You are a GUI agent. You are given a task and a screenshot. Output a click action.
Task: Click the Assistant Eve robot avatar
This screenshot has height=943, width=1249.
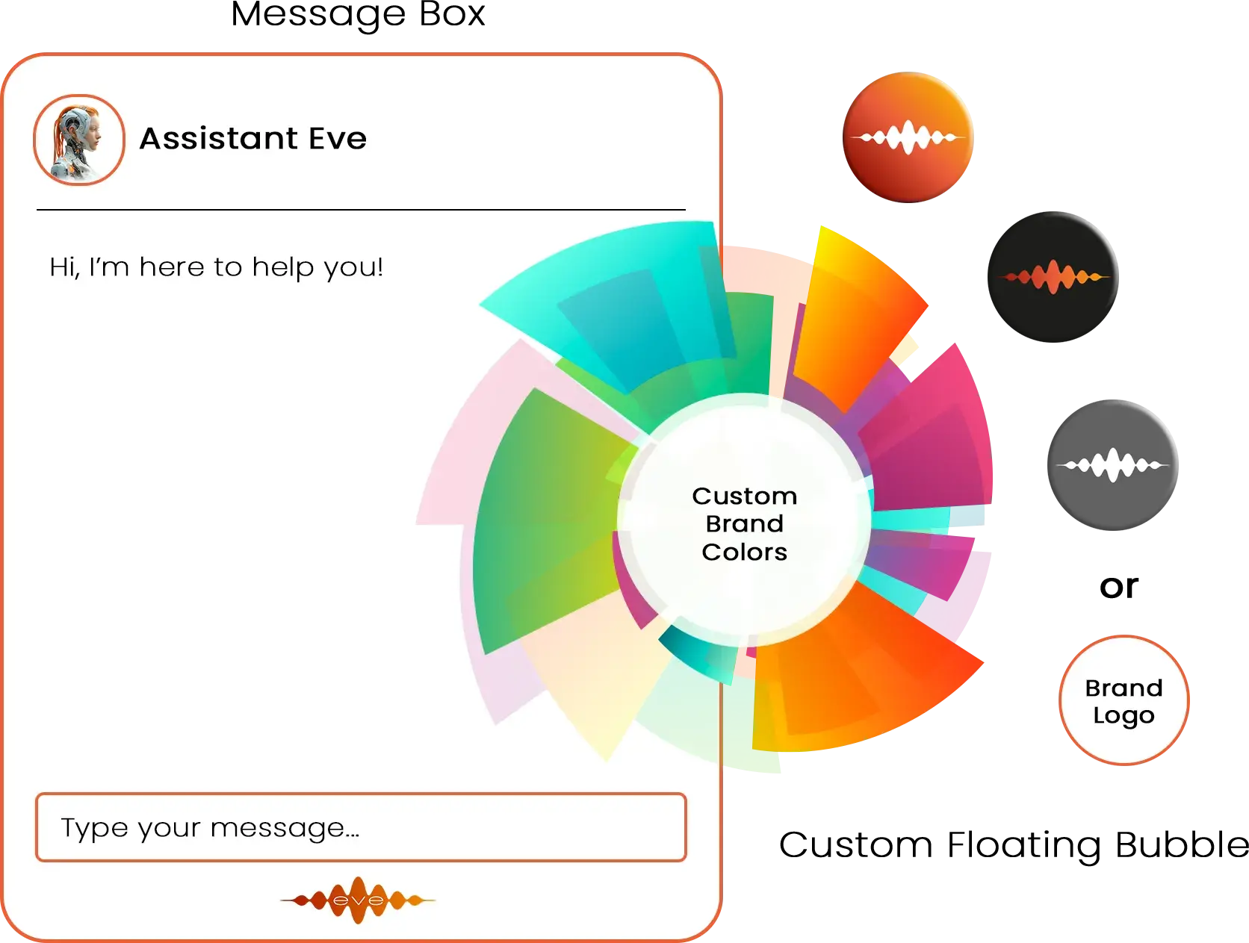(78, 140)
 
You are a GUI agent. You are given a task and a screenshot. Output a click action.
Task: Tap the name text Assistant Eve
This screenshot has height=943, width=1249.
(253, 138)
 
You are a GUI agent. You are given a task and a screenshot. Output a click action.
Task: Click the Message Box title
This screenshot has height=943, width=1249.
(358, 14)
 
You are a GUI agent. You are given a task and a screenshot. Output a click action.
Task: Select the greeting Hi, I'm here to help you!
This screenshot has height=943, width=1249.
(216, 267)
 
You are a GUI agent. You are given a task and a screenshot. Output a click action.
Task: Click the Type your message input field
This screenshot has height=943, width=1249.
(362, 827)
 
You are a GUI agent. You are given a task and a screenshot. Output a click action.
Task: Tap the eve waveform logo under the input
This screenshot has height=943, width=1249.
(358, 900)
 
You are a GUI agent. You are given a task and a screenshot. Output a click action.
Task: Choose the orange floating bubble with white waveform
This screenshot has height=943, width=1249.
(908, 137)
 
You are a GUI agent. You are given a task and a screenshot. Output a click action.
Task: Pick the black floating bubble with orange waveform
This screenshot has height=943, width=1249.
(1053, 277)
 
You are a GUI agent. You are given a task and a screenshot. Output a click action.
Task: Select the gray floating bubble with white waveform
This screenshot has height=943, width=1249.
(1112, 465)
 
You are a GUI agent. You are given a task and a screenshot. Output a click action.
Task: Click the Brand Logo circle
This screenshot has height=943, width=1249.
(1124, 700)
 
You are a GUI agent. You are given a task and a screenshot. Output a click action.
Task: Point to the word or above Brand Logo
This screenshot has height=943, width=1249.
(1119, 586)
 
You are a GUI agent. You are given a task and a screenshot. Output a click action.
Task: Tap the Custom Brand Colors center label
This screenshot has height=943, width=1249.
(744, 524)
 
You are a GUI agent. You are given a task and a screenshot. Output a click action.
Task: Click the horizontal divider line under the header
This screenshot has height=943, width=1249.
(361, 210)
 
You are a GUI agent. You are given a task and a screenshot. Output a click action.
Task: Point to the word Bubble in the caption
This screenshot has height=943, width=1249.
(1182, 844)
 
